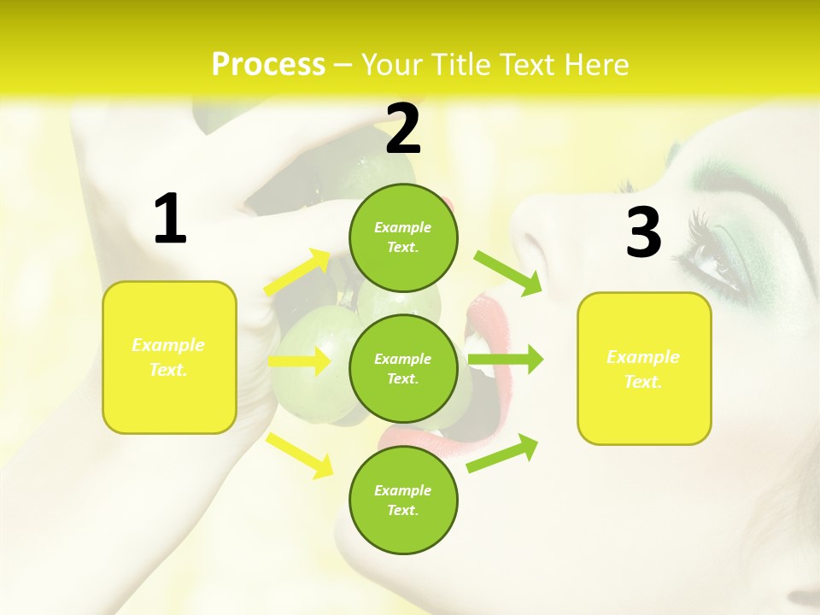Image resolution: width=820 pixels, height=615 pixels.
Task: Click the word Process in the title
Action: pyautogui.click(x=268, y=65)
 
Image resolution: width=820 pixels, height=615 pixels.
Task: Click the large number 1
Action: pyautogui.click(x=169, y=220)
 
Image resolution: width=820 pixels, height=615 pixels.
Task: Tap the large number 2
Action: pyautogui.click(x=403, y=129)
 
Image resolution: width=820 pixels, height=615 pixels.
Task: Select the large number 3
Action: pyautogui.click(x=643, y=232)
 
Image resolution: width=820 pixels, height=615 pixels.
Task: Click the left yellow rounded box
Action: pyautogui.click(x=169, y=357)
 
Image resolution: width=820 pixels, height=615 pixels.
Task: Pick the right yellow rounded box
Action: pyautogui.click(x=644, y=369)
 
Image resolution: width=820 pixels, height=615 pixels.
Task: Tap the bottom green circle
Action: pyautogui.click(x=403, y=501)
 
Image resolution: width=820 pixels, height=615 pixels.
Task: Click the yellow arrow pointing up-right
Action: pyautogui.click(x=299, y=272)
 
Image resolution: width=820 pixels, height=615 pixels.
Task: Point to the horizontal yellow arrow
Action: pyautogui.click(x=299, y=361)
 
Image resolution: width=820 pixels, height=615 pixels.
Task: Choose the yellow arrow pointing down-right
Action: pyautogui.click(x=299, y=454)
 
